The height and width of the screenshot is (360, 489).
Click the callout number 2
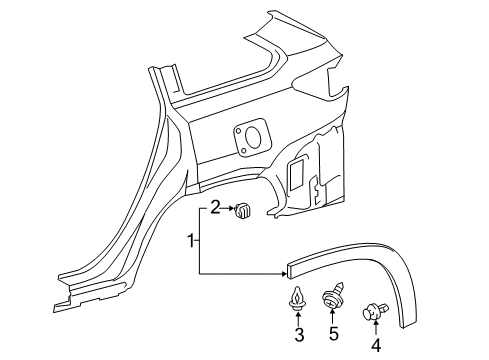click(x=214, y=208)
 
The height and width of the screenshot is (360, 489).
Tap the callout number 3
click(x=298, y=334)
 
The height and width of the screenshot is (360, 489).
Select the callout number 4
click(x=377, y=346)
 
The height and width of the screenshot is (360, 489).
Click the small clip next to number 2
click(x=242, y=211)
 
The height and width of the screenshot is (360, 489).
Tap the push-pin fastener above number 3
click(x=298, y=299)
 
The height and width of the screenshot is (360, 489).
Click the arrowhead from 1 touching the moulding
click(x=281, y=274)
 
